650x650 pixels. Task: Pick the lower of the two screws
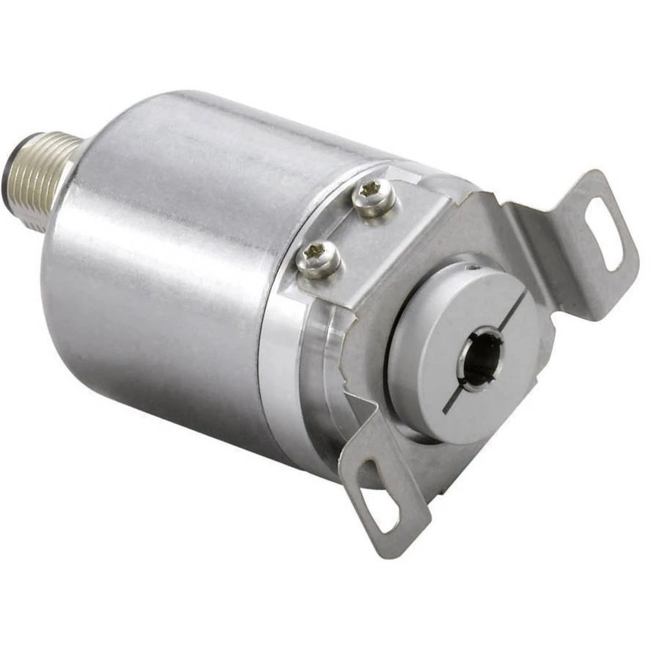(318, 258)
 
